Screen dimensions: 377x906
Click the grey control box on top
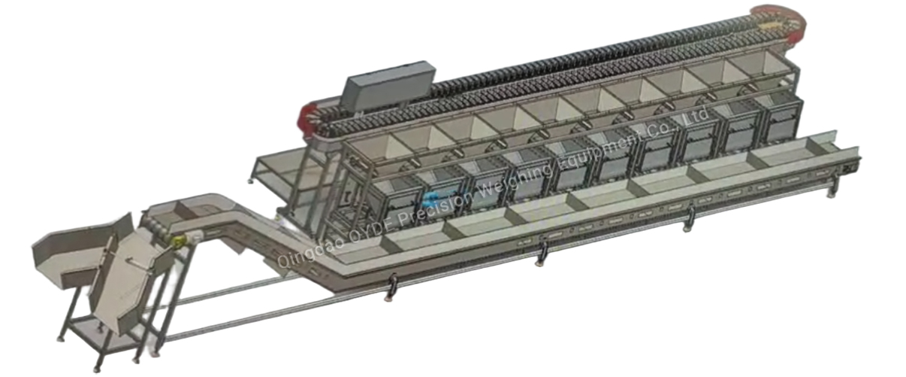(388, 85)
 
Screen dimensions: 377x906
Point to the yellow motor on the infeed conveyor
(179, 242)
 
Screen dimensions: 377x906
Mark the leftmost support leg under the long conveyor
(390, 287)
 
